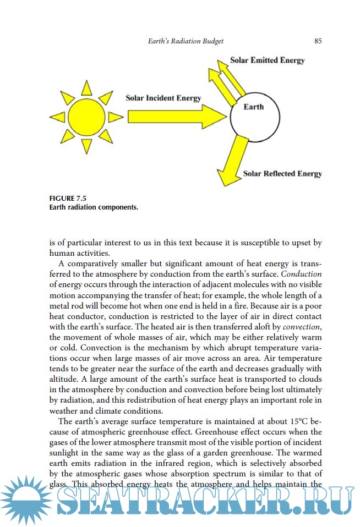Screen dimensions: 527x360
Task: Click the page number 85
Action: click(x=318, y=41)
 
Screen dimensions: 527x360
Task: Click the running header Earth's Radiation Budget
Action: click(x=186, y=41)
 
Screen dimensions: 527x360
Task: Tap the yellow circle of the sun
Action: click(x=86, y=117)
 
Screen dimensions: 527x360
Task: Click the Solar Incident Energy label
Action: click(x=163, y=98)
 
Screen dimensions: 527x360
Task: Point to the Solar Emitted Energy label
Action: click(x=268, y=60)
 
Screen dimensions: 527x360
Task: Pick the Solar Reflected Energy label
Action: click(x=282, y=174)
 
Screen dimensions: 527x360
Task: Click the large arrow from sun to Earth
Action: click(x=176, y=117)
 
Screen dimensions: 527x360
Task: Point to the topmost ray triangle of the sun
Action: click(x=86, y=88)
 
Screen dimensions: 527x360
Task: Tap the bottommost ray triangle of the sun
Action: click(x=86, y=146)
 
